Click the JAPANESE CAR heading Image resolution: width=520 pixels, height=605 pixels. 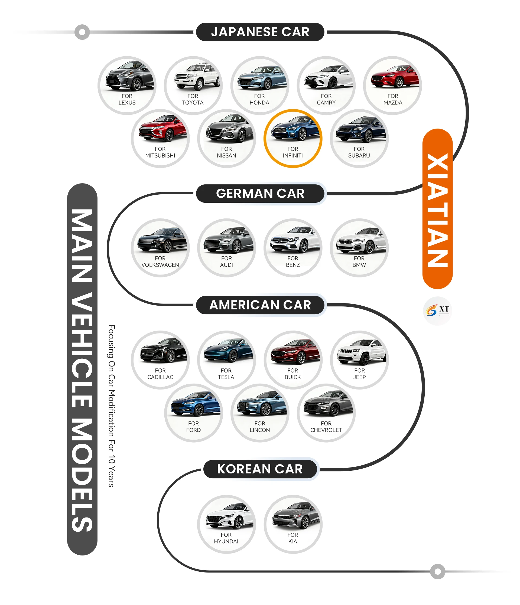point(260,32)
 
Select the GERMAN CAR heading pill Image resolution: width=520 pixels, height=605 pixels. point(260,193)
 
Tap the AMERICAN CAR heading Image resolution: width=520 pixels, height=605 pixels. point(260,305)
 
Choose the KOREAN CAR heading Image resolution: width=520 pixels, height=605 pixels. point(260,469)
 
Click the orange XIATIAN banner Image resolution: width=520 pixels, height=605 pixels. point(437,209)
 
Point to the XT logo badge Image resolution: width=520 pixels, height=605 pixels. point(437,311)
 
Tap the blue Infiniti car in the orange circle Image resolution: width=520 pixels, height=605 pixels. point(295,129)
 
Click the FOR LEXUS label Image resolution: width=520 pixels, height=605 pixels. point(127,99)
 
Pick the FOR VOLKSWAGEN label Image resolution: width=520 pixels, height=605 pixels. point(160,261)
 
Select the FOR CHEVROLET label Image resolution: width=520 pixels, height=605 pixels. point(326,427)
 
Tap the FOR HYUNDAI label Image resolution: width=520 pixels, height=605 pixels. point(226,538)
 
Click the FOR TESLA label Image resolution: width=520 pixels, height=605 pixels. point(226,374)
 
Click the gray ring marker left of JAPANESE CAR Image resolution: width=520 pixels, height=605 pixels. point(82,32)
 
